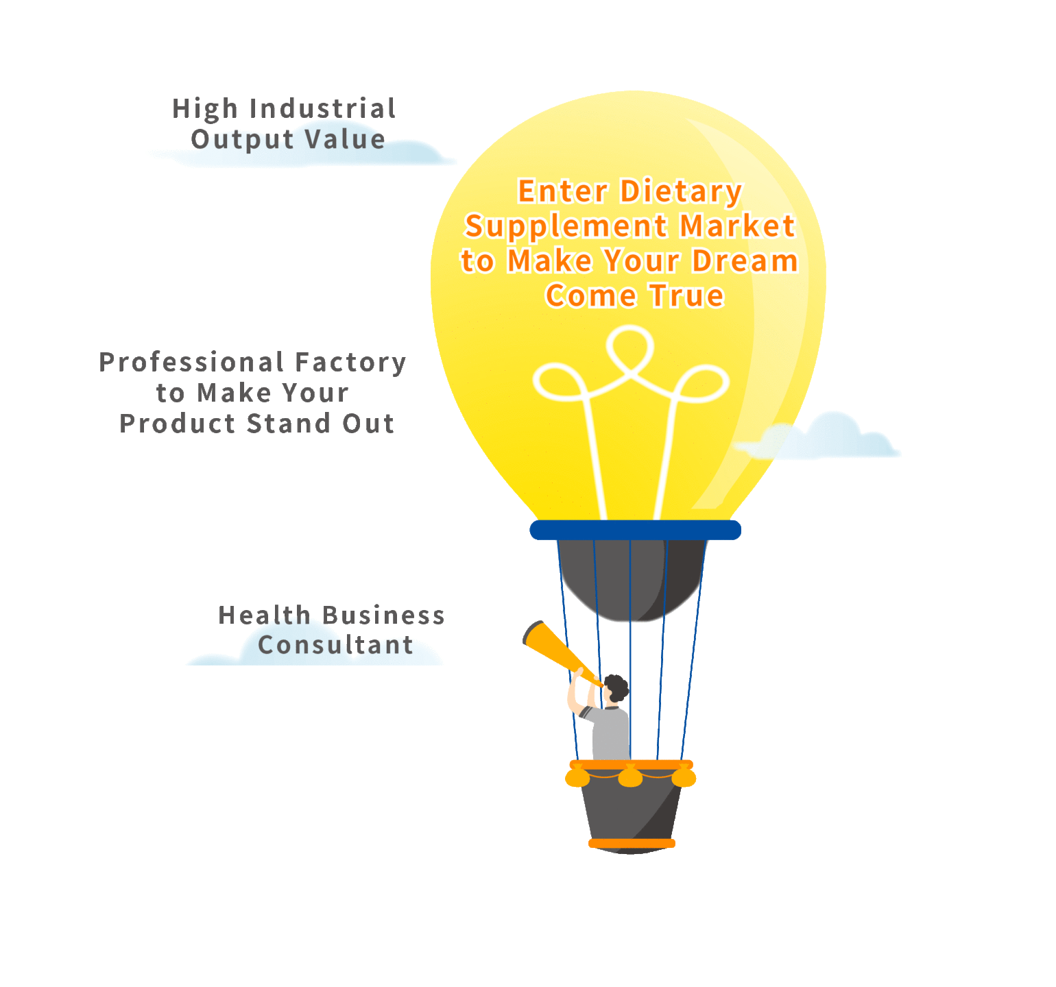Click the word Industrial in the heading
(x=322, y=108)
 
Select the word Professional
(x=191, y=362)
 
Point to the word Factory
(x=350, y=363)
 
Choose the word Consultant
(x=336, y=645)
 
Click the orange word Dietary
(x=681, y=191)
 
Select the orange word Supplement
(x=566, y=227)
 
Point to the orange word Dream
(x=745, y=261)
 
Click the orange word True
(x=686, y=296)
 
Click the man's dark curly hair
(x=616, y=687)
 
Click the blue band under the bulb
(x=636, y=530)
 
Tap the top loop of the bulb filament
(x=630, y=347)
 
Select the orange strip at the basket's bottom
(x=632, y=843)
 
